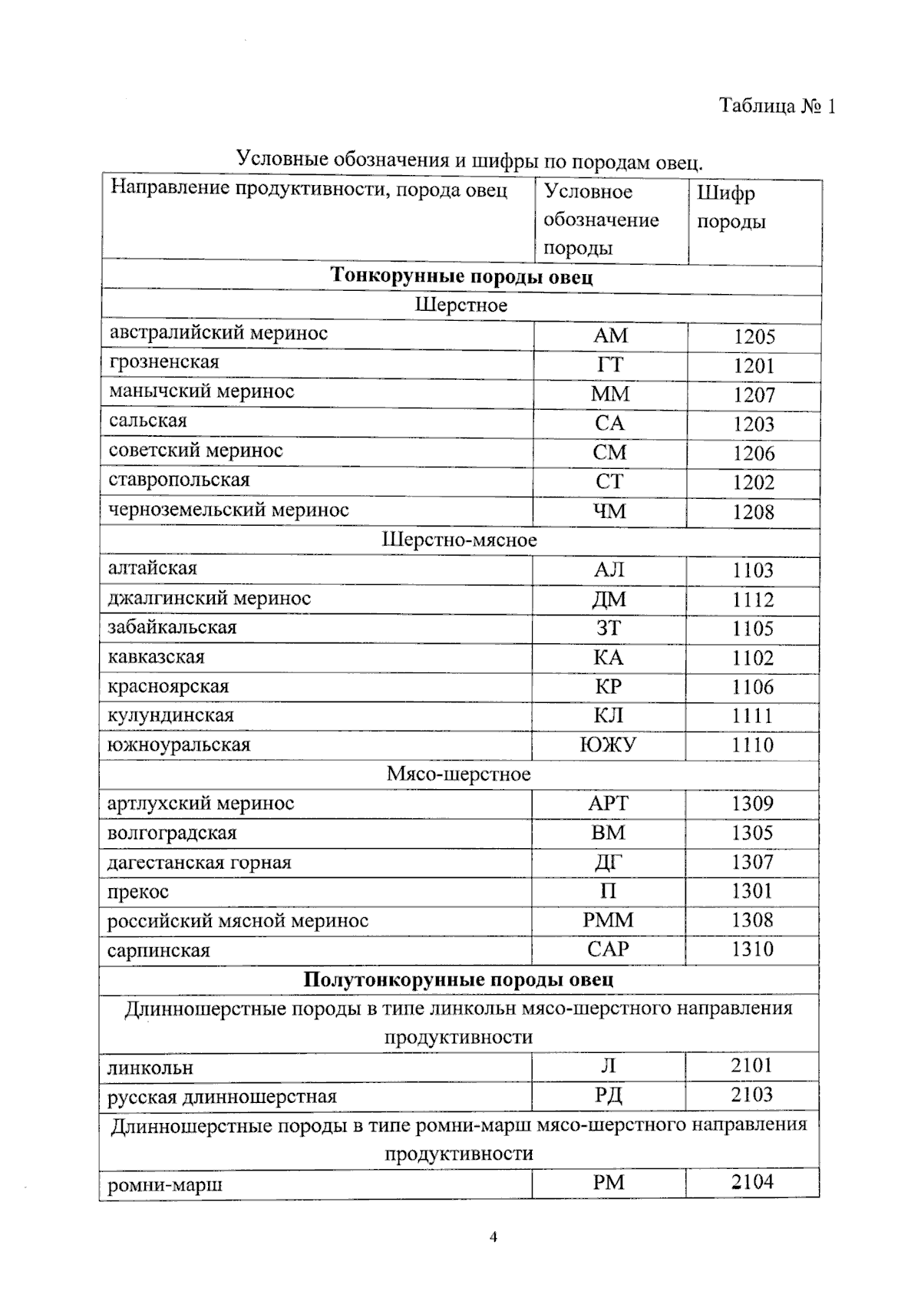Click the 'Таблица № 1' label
coord(777,106)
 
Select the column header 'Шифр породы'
coord(731,207)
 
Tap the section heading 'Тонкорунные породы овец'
coord(461,276)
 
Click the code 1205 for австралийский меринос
coord(754,336)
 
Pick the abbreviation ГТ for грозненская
coord(610,365)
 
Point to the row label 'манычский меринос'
coord(201,391)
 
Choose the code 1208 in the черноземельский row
coord(753,512)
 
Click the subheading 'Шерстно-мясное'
coord(459,540)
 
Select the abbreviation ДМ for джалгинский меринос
coord(609,599)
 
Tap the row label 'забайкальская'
coord(172,627)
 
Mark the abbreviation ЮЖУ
coord(608,745)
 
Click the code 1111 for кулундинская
coord(751,716)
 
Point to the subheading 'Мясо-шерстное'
coord(458,774)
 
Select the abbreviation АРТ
coord(608,804)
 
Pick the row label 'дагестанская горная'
coord(199,863)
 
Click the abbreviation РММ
coord(608,920)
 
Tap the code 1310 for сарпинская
coord(751,949)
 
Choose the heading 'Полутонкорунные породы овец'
coord(458,980)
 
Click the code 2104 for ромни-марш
coord(751,1183)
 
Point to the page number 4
coord(494,1237)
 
